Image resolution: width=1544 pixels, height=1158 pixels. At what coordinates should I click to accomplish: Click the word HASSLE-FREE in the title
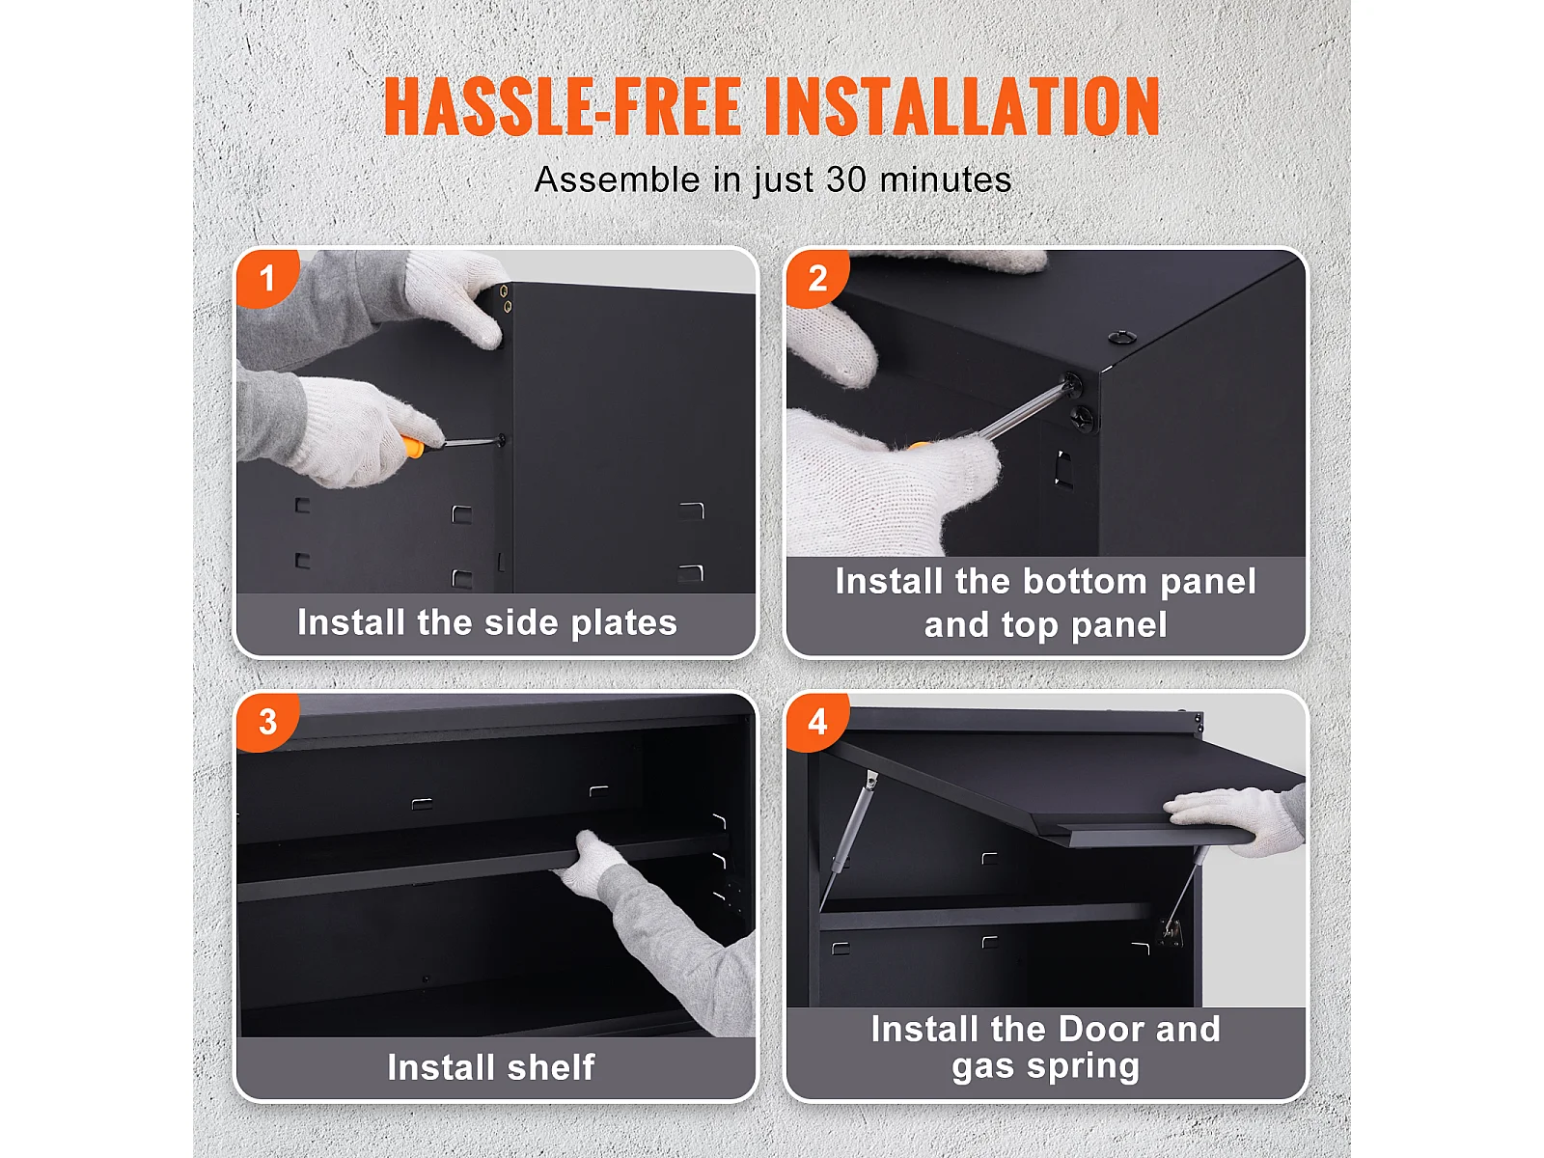pos(563,105)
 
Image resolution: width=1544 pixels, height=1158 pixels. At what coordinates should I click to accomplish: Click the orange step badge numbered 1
pos(268,279)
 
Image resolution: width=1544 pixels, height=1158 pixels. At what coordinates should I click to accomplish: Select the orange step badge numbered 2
pos(817,279)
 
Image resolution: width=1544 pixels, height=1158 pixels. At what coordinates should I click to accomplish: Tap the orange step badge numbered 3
pos(268,722)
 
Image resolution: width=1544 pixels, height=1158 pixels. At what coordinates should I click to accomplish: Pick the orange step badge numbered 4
pos(817,722)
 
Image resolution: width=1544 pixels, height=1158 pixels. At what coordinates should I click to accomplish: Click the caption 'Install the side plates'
pos(486,623)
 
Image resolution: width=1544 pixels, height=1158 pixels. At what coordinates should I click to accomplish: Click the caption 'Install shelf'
pos(491,1066)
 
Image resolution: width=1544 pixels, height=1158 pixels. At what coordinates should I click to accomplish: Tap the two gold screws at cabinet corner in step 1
pos(506,299)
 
